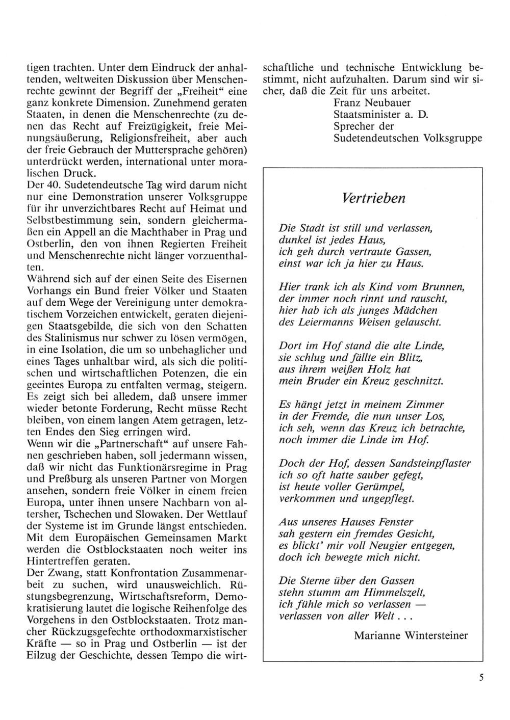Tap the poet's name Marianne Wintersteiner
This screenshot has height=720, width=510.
[411, 635]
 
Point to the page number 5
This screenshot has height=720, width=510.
[481, 677]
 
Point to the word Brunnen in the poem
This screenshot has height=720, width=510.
[445, 287]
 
